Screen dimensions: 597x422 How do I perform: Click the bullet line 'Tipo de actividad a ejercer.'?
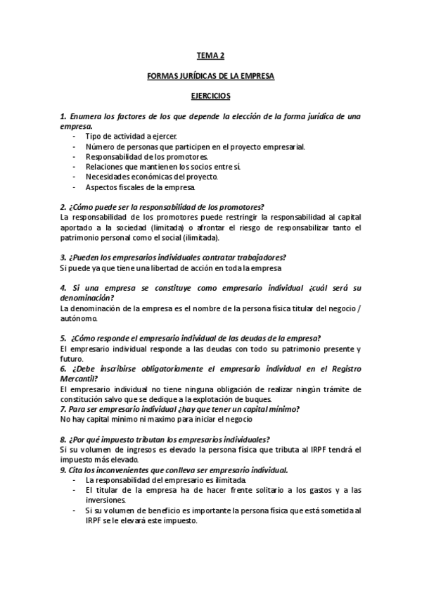[x=132, y=136]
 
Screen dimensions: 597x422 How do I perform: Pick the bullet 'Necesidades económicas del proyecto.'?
[x=151, y=177]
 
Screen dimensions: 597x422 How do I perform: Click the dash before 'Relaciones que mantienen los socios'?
[x=75, y=167]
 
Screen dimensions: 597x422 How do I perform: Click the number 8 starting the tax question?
[x=63, y=439]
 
